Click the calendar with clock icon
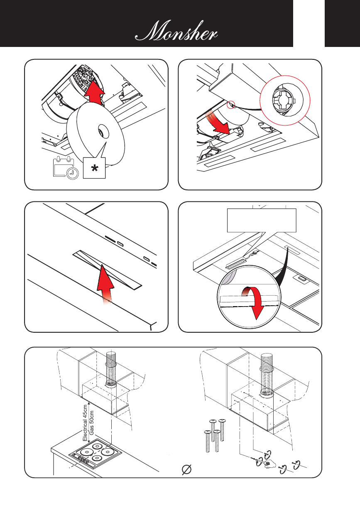(x=66, y=168)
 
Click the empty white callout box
(x=261, y=220)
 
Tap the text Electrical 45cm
(x=85, y=422)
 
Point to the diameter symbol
(x=187, y=469)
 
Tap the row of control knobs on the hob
(x=82, y=460)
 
